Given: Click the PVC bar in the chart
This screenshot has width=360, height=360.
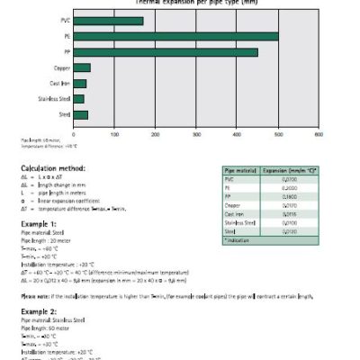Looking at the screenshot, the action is [108, 21].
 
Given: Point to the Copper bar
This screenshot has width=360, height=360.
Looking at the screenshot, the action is [82, 67].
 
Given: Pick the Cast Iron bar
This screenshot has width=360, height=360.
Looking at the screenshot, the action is [80, 83].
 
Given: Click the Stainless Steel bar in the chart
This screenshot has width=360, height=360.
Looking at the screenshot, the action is [78, 99].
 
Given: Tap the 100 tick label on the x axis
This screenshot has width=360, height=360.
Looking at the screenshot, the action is [114, 134].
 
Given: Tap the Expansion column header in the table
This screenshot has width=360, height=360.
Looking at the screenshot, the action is [291, 170].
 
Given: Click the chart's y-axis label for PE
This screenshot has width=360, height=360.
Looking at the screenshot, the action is [67, 36].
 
